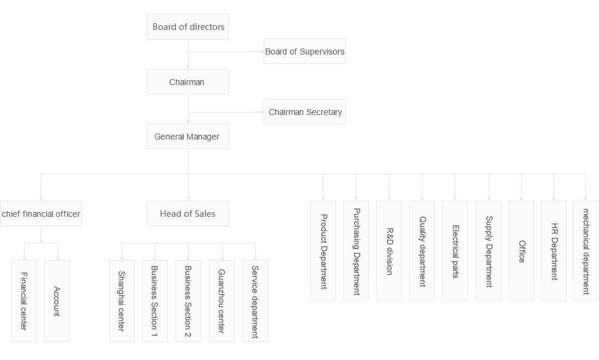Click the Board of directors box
click(x=188, y=27)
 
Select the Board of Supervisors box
click(x=304, y=52)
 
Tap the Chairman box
click(x=187, y=82)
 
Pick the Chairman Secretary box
click(x=305, y=112)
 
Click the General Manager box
click(x=187, y=137)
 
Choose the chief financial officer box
click(x=41, y=213)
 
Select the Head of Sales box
click(x=187, y=213)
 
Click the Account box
click(x=57, y=300)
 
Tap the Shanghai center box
click(x=122, y=300)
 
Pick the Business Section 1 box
click(x=155, y=300)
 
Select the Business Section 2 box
click(x=188, y=300)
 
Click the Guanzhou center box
click(x=222, y=300)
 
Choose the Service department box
click(x=255, y=300)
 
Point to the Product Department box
click(x=323, y=251)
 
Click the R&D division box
click(x=389, y=251)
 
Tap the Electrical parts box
click(x=455, y=251)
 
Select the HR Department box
click(x=553, y=251)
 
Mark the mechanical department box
click(x=585, y=251)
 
